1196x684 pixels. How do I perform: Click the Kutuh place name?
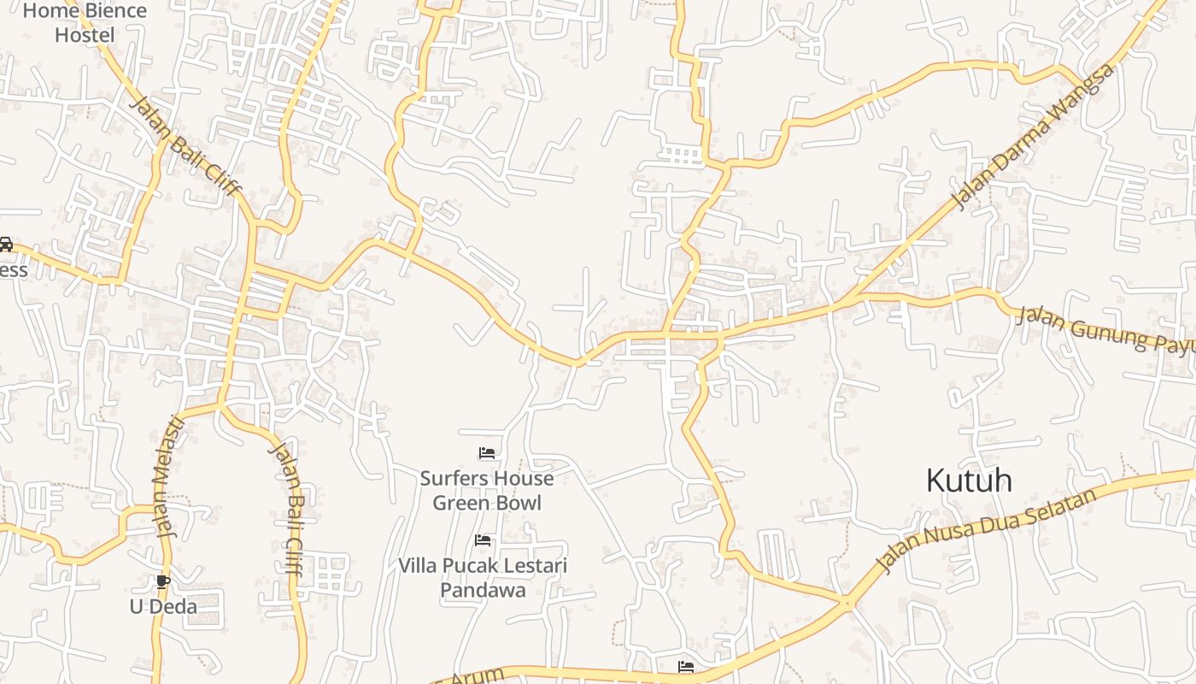(969, 481)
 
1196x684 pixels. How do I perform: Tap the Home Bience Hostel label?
(85, 23)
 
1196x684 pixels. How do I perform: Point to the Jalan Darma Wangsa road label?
(1034, 137)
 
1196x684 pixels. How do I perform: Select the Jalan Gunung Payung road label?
(1102, 328)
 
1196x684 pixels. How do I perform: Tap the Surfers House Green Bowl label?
(486, 490)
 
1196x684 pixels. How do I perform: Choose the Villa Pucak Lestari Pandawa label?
(483, 577)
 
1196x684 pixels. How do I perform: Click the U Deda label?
(163, 607)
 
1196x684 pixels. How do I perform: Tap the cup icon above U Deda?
(163, 582)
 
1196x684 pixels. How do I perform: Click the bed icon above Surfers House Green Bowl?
(487, 452)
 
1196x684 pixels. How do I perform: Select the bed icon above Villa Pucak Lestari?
(483, 540)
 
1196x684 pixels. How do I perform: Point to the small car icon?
(5, 245)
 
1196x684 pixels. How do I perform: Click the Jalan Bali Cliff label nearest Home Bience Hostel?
(185, 147)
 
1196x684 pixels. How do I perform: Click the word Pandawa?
(483, 590)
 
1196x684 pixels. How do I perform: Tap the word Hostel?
(85, 35)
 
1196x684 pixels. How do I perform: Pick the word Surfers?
(452, 478)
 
